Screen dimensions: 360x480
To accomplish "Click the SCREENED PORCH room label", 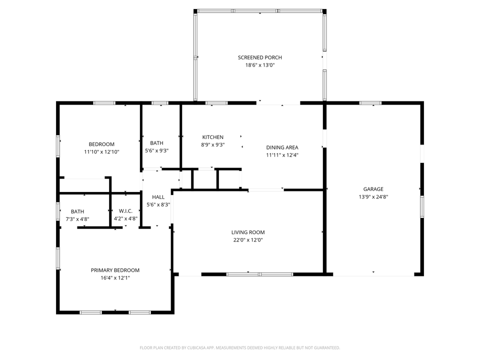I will [x=259, y=57].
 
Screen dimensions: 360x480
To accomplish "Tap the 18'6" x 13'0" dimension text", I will [x=259, y=65].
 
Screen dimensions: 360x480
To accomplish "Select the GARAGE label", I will [x=373, y=189].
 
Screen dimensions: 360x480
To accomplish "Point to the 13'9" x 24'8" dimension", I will [x=373, y=196].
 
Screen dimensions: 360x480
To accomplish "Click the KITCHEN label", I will [x=212, y=137].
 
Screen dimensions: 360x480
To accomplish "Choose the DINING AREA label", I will [x=282, y=147].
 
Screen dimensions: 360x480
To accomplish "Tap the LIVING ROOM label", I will [x=247, y=232].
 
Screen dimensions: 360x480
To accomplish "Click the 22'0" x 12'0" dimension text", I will [x=247, y=240].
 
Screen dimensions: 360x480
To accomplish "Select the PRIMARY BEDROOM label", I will [x=115, y=270].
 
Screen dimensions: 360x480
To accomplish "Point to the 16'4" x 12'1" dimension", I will [x=115, y=277].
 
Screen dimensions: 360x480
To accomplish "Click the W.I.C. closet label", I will [x=125, y=211].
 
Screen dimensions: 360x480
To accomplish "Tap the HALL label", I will [x=158, y=197].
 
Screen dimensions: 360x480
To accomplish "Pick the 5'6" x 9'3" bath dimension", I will [x=156, y=150].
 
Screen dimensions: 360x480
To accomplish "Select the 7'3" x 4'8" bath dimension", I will [x=77, y=218].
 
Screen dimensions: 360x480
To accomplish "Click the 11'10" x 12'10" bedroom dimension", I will [x=101, y=151].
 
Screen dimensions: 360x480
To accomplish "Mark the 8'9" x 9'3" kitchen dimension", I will [x=212, y=145].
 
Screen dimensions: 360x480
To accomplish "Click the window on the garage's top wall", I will [x=370, y=103].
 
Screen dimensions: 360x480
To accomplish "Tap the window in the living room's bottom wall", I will [x=259, y=274].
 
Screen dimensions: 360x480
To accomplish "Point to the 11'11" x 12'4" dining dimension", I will [x=282, y=155].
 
